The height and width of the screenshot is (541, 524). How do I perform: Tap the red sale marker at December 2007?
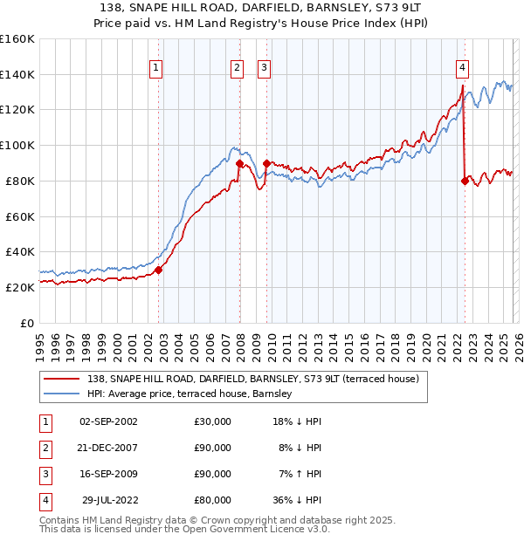(x=239, y=162)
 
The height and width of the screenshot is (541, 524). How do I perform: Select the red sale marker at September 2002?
(x=158, y=270)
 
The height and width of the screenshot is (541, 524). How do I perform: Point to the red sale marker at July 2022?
(x=465, y=181)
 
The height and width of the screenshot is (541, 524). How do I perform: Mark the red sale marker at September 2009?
(x=266, y=162)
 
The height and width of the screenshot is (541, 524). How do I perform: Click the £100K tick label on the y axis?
(x=17, y=145)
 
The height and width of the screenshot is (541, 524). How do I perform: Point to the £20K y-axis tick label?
(x=19, y=287)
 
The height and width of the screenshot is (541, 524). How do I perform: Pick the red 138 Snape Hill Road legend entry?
(x=252, y=379)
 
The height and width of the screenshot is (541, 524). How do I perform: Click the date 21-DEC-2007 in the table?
(x=108, y=448)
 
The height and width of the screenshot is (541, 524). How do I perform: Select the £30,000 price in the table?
(x=213, y=421)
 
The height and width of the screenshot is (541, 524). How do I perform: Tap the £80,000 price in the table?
(x=213, y=500)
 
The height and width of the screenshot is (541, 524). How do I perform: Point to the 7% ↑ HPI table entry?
(x=300, y=474)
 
